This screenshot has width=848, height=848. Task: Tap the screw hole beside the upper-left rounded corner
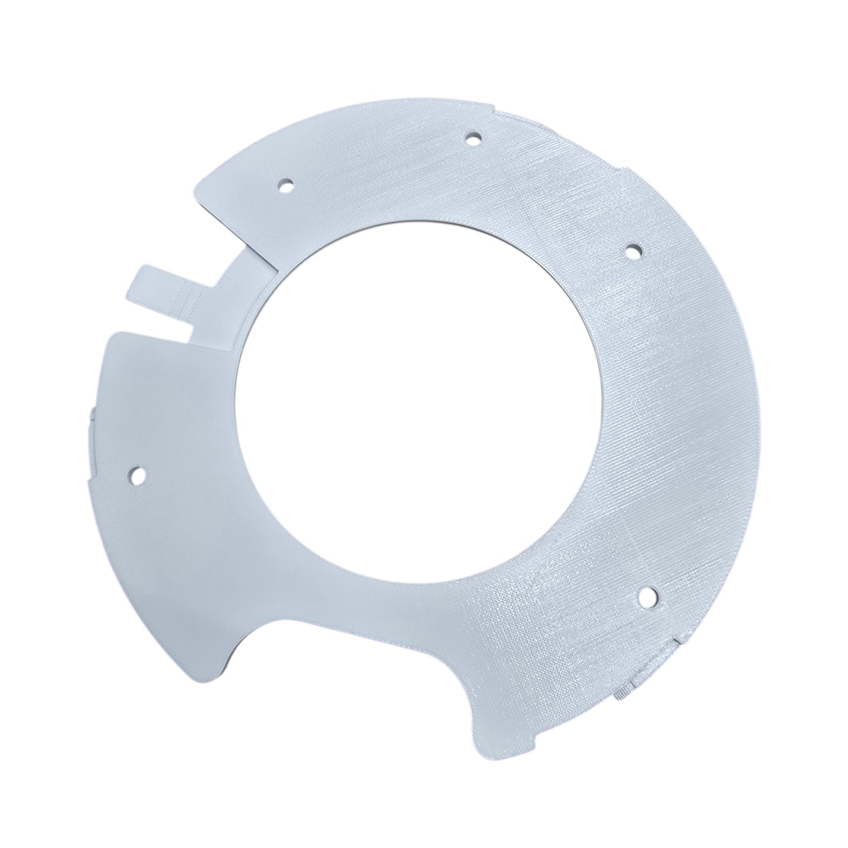pyautogui.click(x=286, y=187)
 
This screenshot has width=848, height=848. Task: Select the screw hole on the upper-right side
pyautogui.click(x=632, y=252)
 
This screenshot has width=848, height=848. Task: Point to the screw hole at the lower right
pyautogui.click(x=649, y=597)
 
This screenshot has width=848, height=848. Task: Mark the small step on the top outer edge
pyautogui.click(x=499, y=111)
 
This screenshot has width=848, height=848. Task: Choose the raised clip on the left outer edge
pyautogui.click(x=93, y=417)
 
